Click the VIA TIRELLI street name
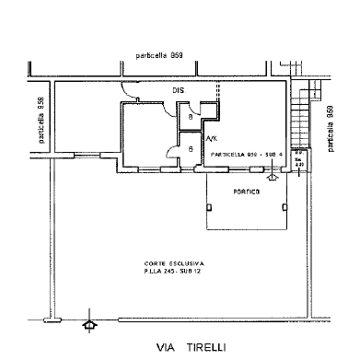point(192,347)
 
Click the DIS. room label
point(178,90)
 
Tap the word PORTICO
point(246,192)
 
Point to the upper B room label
point(190,117)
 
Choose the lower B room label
point(190,148)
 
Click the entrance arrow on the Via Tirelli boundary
point(88,325)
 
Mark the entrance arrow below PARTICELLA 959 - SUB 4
point(273,175)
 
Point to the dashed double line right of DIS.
point(218,92)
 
